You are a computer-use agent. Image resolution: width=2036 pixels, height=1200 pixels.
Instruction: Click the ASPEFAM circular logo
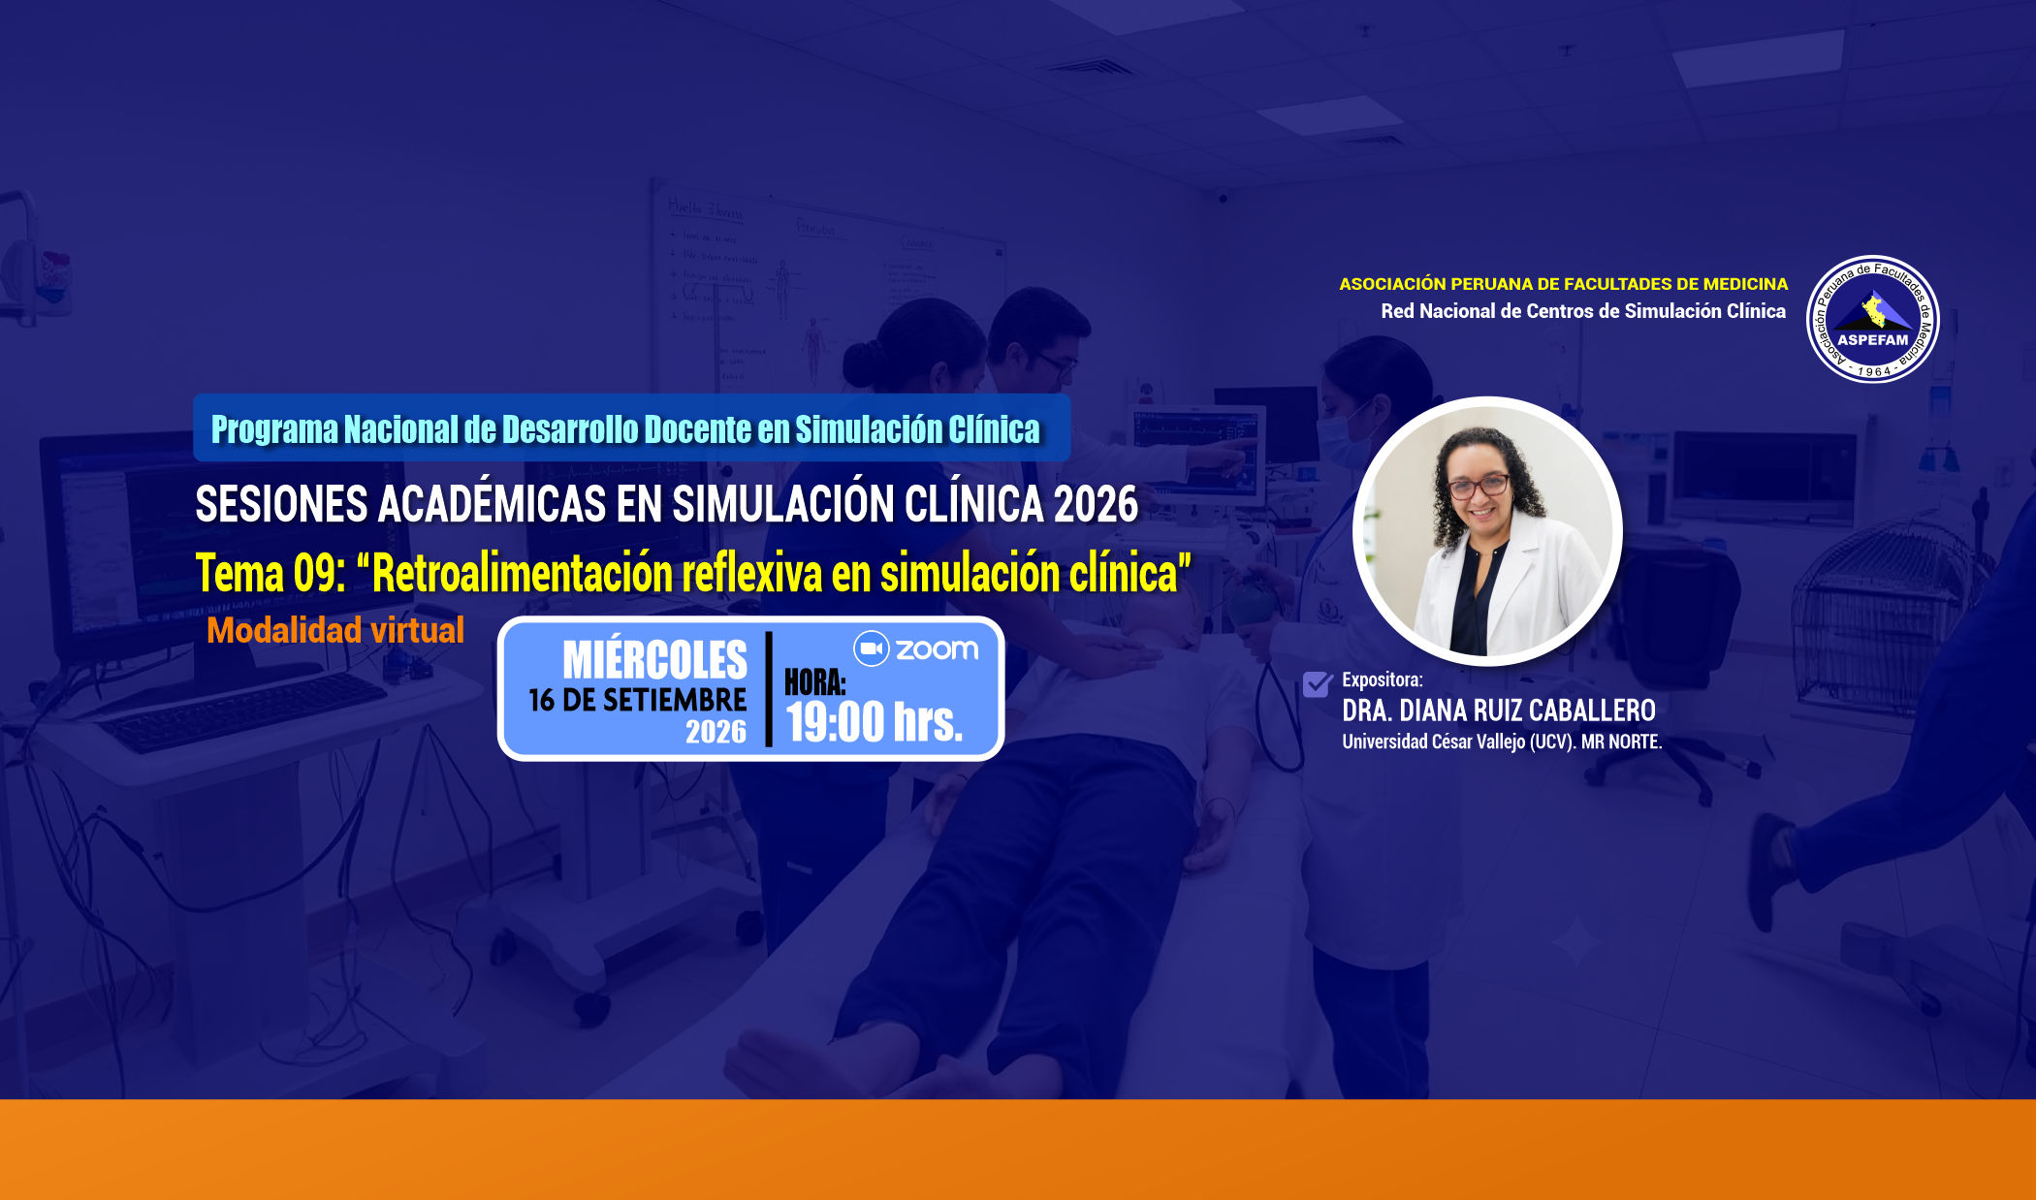point(1873,320)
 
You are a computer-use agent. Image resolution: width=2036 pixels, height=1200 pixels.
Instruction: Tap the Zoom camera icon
point(871,648)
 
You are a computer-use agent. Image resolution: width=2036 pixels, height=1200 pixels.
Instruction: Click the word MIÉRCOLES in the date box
point(654,660)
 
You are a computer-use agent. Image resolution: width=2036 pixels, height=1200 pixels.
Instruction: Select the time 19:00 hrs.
point(874,722)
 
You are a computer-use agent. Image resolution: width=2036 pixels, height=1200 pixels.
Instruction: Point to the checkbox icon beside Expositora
point(1318,683)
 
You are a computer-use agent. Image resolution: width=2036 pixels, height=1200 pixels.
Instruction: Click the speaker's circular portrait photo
point(1487,530)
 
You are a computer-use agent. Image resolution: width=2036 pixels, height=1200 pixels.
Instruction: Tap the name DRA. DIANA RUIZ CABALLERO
point(1498,711)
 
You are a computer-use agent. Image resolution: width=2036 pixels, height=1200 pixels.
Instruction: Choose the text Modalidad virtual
point(335,630)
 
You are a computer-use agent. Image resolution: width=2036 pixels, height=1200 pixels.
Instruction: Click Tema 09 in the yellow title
point(270,573)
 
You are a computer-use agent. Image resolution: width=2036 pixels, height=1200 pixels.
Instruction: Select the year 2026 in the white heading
point(1096,504)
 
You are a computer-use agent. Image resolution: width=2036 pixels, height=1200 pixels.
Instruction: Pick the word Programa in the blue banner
point(274,429)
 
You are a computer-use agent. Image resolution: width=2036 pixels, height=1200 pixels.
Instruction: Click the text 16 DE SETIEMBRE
point(637,700)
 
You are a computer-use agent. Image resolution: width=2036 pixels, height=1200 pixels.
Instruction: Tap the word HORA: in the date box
point(814,682)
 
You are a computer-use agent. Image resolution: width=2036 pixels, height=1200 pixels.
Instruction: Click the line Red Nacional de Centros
point(1583,311)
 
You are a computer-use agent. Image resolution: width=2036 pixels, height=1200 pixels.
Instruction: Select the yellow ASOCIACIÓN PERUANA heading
point(1563,284)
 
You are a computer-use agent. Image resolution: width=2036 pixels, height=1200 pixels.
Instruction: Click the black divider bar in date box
point(769,689)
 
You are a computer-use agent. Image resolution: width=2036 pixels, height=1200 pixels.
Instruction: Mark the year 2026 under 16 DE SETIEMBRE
point(716,732)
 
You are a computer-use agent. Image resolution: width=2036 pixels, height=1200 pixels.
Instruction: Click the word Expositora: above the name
point(1382,679)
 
